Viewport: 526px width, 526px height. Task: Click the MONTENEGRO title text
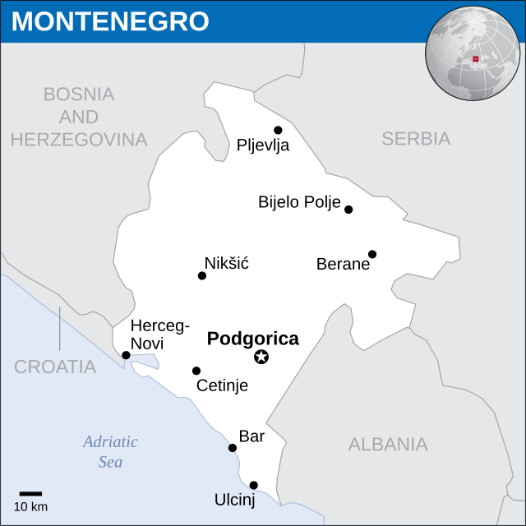(x=110, y=21)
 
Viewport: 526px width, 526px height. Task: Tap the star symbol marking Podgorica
(x=261, y=357)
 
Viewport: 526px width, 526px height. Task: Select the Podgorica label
(x=252, y=339)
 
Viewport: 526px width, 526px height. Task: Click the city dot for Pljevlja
(x=278, y=130)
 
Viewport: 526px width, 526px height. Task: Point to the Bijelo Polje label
(x=299, y=202)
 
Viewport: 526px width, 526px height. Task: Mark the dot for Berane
(x=372, y=254)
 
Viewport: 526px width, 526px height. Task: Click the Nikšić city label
(x=226, y=263)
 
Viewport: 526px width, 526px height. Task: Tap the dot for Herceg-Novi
(x=126, y=355)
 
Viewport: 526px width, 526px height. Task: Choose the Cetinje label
(x=222, y=385)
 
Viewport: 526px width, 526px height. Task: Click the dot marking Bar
(x=233, y=448)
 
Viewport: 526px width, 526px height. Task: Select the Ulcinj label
(x=235, y=500)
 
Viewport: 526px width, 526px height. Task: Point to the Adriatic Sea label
(x=110, y=451)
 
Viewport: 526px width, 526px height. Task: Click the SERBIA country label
(x=416, y=139)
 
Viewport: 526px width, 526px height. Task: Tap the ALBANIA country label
(x=388, y=445)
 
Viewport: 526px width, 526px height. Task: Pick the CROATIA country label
(x=55, y=367)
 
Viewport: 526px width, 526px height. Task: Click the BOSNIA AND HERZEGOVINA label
(x=79, y=117)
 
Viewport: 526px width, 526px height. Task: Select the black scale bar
(x=30, y=493)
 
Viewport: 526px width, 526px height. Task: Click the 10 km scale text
(x=30, y=506)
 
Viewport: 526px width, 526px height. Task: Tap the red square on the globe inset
(x=475, y=58)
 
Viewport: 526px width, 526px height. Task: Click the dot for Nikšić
(x=202, y=275)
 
